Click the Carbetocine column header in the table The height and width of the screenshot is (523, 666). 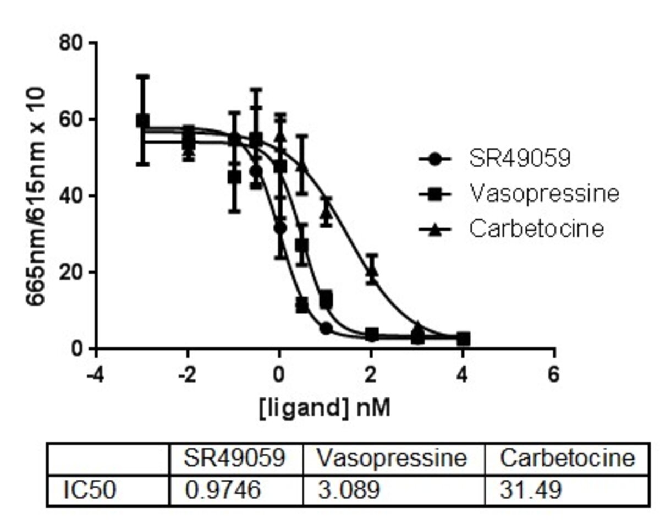(x=566, y=458)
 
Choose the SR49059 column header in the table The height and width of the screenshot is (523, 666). (x=235, y=458)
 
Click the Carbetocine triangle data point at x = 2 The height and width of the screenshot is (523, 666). (x=372, y=270)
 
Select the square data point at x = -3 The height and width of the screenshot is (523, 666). (x=143, y=121)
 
